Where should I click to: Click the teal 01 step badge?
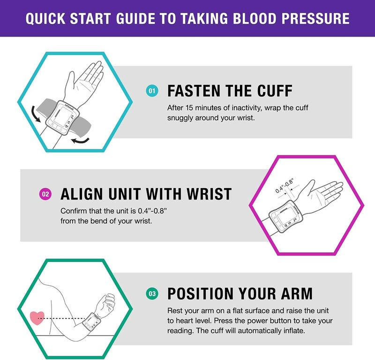tap(151, 91)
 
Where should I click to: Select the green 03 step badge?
tap(151, 294)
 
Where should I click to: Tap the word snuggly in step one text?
tap(180, 118)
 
